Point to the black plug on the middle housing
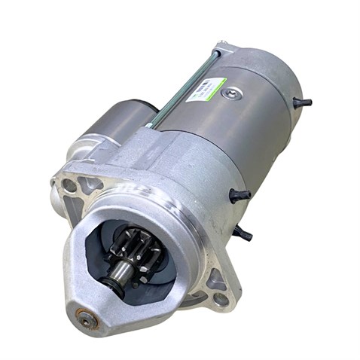(240, 194)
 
